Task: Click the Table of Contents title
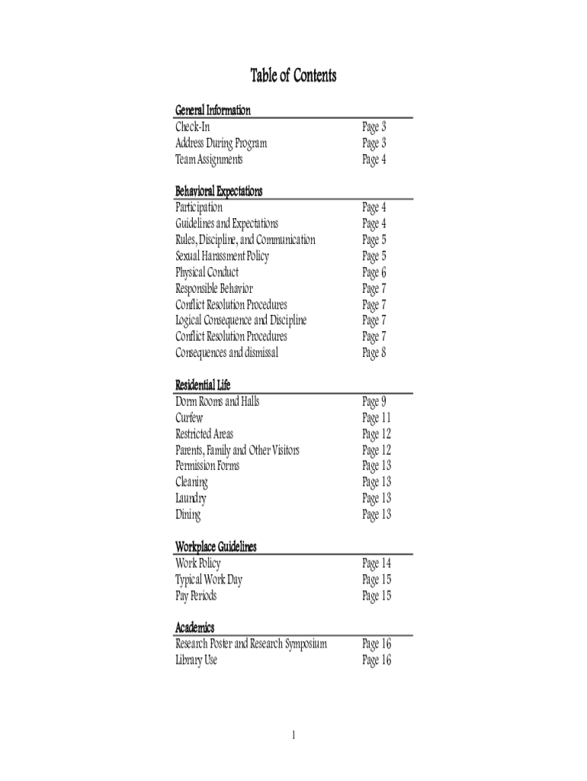pos(293,76)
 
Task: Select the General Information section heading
pos(213,111)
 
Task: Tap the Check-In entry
pos(192,127)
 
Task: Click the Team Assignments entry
pos(209,159)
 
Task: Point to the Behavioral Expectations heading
pos(219,191)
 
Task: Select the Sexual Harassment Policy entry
pos(222,256)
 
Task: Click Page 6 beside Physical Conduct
pos(374,273)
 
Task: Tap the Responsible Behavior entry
pos(214,289)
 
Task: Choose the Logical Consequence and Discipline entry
pos(241,320)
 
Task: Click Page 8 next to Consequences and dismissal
pos(374,353)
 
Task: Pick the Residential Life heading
pos(203,385)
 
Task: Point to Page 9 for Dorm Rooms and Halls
pos(374,402)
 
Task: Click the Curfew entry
pos(189,418)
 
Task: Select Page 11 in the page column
pos(377,418)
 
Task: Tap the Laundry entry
pos(191,499)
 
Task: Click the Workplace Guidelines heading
pos(216,547)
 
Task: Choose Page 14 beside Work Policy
pos(377,564)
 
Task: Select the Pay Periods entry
pos(196,596)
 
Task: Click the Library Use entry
pos(196,660)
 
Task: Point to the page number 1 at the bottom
pos(293,735)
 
